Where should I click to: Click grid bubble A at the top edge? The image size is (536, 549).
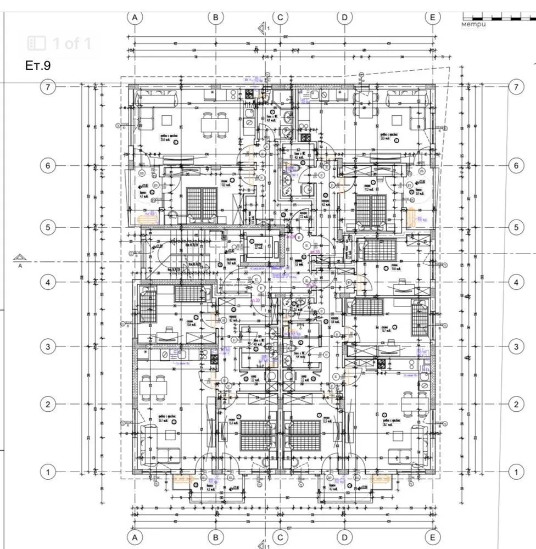pos(135,17)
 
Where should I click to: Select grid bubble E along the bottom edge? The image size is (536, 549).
pos(433,536)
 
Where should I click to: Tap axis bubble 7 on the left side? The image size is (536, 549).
pos(49,87)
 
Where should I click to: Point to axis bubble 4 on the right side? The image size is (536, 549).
pos(515,283)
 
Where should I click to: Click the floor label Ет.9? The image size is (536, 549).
pos(38,65)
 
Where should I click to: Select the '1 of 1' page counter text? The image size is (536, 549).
pos(71,43)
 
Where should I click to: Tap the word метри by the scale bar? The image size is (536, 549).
pos(475,24)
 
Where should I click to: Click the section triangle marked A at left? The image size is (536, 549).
pos(20,258)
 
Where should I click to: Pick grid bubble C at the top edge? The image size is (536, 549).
pos(280,17)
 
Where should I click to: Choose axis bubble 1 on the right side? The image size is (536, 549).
pos(515,472)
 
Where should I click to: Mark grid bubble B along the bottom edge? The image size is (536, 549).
pos(216,536)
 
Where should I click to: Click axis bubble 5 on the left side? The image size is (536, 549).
pos(49,227)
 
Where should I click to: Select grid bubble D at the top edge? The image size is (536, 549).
pos(344,17)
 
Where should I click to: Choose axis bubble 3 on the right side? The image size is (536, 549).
pos(515,346)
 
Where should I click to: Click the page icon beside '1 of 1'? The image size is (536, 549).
pos(37,43)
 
